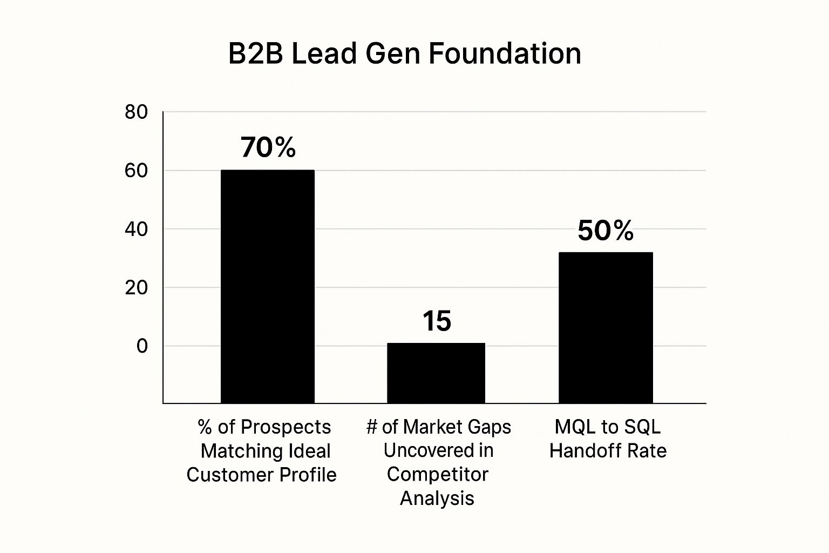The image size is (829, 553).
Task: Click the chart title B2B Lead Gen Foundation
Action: pyautogui.click(x=404, y=54)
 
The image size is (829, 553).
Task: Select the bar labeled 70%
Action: pyautogui.click(x=268, y=286)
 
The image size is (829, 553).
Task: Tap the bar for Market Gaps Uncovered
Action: pyautogui.click(x=436, y=373)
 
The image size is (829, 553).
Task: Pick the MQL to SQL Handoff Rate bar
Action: pyautogui.click(x=606, y=327)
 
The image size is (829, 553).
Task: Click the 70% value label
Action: pyautogui.click(x=268, y=147)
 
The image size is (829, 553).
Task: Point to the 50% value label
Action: pyautogui.click(x=606, y=231)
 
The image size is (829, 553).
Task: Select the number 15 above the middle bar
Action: pyautogui.click(x=437, y=321)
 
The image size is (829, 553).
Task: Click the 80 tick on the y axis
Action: pyautogui.click(x=136, y=112)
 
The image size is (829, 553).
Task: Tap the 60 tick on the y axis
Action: pyautogui.click(x=136, y=171)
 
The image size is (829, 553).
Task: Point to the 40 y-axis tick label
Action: pyautogui.click(x=136, y=230)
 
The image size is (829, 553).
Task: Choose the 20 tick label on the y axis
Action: pyautogui.click(x=136, y=288)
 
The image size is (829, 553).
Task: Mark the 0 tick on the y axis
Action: pyautogui.click(x=142, y=346)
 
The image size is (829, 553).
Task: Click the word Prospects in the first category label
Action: pyautogui.click(x=286, y=427)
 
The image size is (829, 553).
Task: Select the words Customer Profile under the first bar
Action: pyautogui.click(x=262, y=475)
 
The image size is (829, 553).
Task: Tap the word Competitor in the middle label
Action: pyautogui.click(x=437, y=474)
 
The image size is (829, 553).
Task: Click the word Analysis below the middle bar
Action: pyautogui.click(x=437, y=498)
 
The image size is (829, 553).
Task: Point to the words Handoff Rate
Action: pyautogui.click(x=608, y=450)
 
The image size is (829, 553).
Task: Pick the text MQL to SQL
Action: pyautogui.click(x=608, y=427)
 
